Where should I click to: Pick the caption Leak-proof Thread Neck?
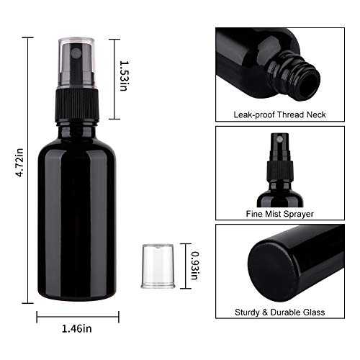pos(280,114)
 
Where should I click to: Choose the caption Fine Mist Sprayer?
pos(281,214)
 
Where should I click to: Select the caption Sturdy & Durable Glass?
pos(281,312)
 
